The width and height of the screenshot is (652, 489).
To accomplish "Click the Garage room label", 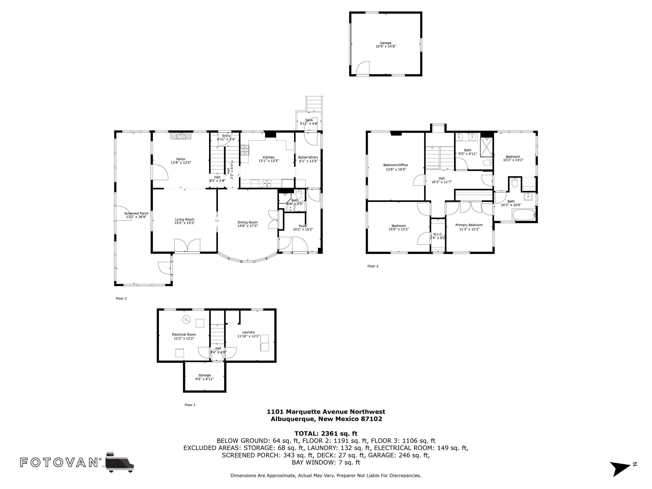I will pos(385,43).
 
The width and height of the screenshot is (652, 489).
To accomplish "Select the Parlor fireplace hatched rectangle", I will pos(181,136).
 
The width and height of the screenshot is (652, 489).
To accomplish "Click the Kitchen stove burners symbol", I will pos(244,150).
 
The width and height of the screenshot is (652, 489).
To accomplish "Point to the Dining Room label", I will pos(247,223).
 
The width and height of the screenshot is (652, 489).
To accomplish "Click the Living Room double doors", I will pos(187,246).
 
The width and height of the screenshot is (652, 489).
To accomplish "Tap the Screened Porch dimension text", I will pos(136,217).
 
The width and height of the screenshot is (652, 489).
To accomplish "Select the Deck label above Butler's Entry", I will pos(309,120).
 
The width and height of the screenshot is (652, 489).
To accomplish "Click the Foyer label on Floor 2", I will pos(303,226).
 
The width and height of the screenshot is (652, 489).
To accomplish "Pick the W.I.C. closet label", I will pos(437,234).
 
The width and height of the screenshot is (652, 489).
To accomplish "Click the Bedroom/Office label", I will pos(395,165).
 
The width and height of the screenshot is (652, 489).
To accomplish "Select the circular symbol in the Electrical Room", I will pos(186,319).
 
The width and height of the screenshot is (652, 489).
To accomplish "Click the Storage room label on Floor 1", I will pos(204,375).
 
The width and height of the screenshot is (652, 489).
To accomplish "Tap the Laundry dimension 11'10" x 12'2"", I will pos(248,336).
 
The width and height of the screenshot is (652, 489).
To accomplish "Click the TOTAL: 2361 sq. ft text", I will pos(326,434).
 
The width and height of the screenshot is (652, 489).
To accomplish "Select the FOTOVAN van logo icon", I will pos(119,462).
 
